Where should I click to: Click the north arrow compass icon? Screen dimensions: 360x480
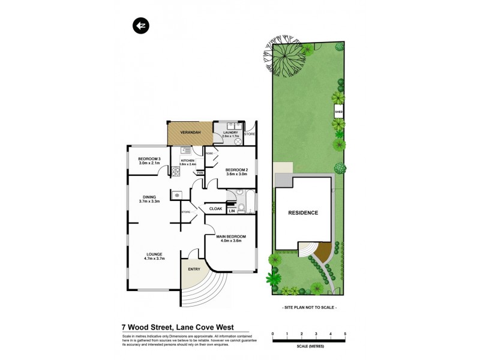click(x=140, y=26)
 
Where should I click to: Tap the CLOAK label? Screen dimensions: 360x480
click(x=215, y=209)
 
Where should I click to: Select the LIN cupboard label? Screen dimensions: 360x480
click(x=231, y=211)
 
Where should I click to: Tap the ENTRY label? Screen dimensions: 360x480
click(x=194, y=269)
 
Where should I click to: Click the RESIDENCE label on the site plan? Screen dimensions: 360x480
click(x=303, y=212)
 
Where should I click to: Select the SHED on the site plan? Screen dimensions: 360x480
click(x=338, y=112)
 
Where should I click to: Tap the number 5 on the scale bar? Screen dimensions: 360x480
click(x=345, y=333)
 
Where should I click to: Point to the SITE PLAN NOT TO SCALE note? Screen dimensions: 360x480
click(x=309, y=307)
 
